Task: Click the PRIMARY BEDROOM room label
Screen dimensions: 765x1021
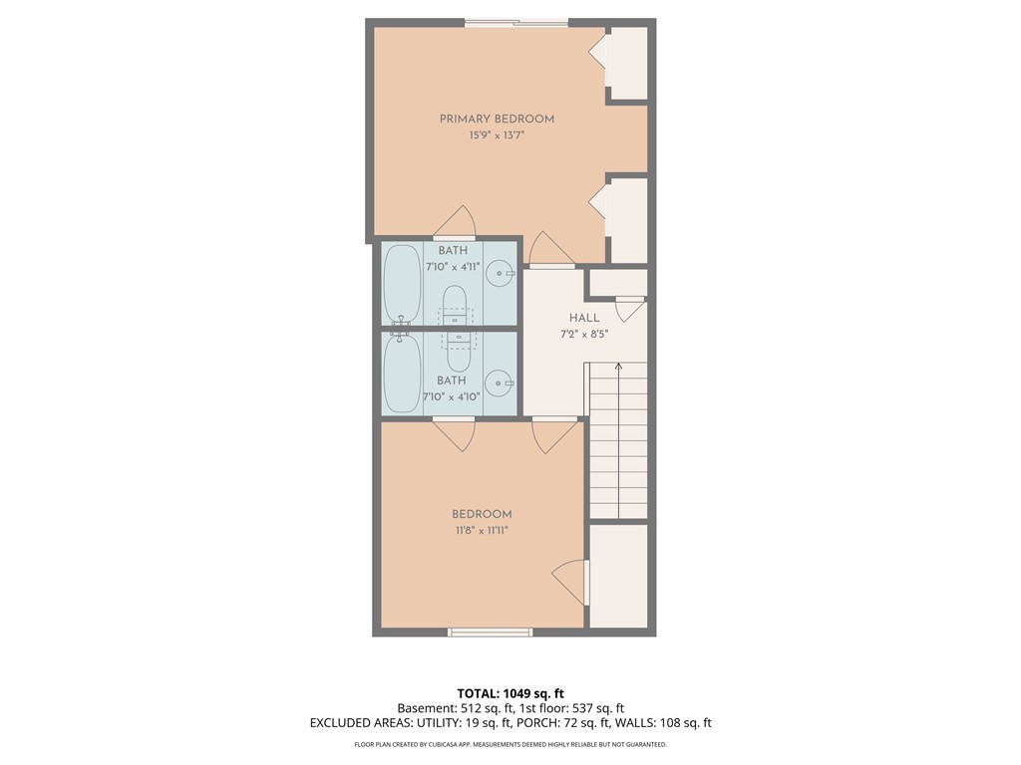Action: coord(497,120)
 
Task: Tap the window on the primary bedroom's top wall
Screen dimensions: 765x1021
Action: coord(515,23)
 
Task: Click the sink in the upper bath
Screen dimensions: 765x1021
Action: coord(501,270)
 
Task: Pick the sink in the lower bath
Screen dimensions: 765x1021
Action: coord(499,382)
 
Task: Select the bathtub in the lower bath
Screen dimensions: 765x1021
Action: coord(402,374)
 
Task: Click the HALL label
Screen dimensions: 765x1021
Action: coord(584,318)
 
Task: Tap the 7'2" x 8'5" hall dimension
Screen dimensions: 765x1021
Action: coord(584,334)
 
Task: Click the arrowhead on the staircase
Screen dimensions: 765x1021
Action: coord(618,367)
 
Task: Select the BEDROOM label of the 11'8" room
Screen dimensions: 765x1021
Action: coord(482,514)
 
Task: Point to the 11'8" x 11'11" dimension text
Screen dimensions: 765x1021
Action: coord(482,530)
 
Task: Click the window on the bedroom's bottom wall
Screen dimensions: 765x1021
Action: coord(490,631)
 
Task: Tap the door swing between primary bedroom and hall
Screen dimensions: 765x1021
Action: coord(550,250)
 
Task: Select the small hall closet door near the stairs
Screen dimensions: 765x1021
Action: coord(630,310)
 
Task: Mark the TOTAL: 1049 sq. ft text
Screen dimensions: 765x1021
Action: coord(510,693)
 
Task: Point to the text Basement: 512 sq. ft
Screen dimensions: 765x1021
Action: coord(454,708)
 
